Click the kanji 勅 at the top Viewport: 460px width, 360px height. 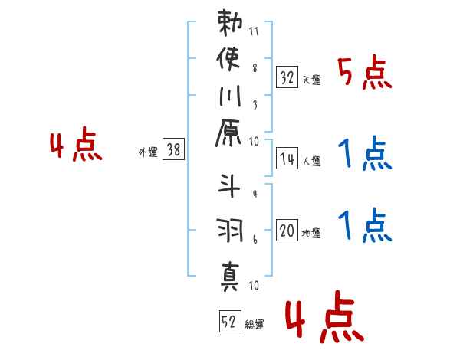pyautogui.click(x=230, y=22)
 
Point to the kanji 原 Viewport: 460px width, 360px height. pyautogui.click(x=230, y=136)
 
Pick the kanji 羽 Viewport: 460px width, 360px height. pyautogui.click(x=230, y=229)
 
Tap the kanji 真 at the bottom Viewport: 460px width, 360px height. pyautogui.click(x=230, y=273)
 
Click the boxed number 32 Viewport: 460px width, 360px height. pyautogui.click(x=287, y=77)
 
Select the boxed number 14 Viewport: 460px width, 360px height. pyautogui.click(x=287, y=159)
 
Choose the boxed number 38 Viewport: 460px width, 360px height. pyautogui.click(x=173, y=150)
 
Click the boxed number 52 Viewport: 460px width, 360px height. pyautogui.click(x=228, y=322)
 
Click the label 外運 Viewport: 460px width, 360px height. pyautogui.click(x=147, y=152)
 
